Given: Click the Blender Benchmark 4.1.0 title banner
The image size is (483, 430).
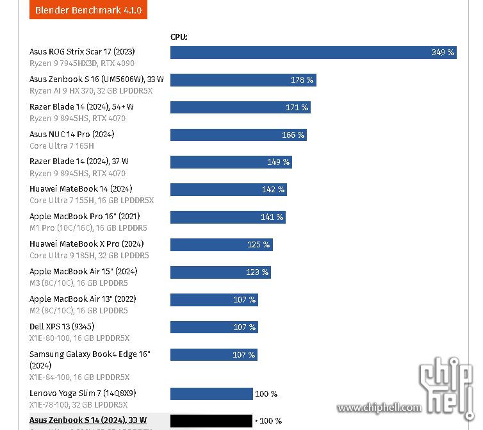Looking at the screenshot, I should [88, 10].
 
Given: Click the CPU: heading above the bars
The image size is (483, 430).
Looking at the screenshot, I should [179, 37].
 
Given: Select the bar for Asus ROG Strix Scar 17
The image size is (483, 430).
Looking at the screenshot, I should [313, 52].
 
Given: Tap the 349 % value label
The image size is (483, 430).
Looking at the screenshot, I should [443, 53].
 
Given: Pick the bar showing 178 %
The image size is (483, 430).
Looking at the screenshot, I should [243, 79].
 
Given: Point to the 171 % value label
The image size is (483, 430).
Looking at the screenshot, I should [297, 108].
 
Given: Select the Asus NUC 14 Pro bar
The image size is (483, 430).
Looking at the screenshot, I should [238, 135].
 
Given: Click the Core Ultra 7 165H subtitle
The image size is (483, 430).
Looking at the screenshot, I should [61, 145].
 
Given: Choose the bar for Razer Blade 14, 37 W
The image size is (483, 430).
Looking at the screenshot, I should [231, 162].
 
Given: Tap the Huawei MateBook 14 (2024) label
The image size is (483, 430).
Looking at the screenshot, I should [81, 189].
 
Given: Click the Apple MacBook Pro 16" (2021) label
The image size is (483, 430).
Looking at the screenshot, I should [84, 216].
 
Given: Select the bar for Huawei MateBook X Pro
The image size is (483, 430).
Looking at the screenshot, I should [221, 244].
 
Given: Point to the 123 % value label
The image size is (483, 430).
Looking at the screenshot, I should [258, 272].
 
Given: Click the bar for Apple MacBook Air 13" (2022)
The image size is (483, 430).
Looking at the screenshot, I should [214, 299].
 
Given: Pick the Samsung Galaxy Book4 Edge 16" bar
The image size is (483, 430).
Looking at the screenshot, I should [214, 354].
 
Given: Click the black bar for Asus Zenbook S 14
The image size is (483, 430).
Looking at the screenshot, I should [211, 421].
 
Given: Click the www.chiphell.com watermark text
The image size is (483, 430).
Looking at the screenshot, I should [379, 408].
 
